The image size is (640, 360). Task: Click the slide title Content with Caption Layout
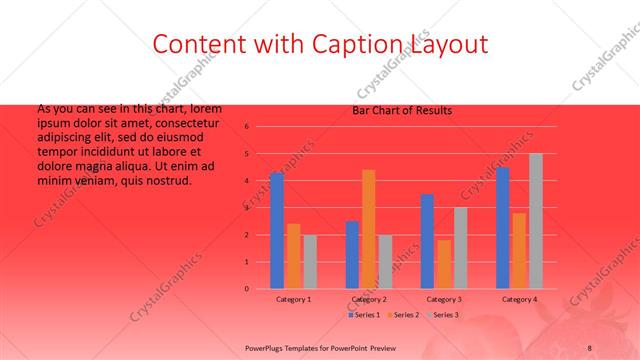click(320, 44)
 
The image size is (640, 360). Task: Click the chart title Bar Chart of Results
click(402, 110)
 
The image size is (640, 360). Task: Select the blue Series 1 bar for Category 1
click(277, 231)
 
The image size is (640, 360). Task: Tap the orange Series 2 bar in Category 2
click(368, 229)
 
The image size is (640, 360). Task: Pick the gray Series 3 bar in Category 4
click(536, 221)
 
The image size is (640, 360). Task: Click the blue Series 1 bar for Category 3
click(427, 241)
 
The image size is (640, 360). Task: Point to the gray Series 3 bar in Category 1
click(309, 261)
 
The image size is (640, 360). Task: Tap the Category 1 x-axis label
click(293, 299)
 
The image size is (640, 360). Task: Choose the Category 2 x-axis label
click(369, 299)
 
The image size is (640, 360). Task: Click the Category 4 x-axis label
click(519, 299)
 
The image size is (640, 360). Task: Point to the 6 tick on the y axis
click(247, 127)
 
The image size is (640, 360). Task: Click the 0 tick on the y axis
click(247, 289)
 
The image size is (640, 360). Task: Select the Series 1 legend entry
click(364, 315)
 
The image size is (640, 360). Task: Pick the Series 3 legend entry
click(442, 315)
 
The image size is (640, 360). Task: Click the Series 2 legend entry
click(403, 315)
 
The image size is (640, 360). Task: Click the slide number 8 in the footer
click(589, 347)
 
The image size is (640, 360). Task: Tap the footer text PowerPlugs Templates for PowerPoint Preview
click(319, 347)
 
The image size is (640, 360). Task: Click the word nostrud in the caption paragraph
click(168, 181)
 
